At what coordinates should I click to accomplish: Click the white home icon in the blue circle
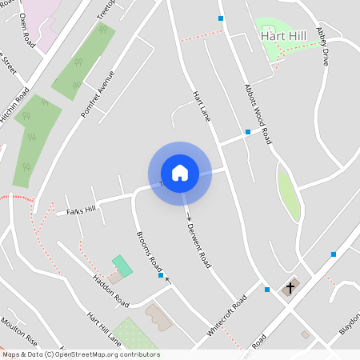click(180, 173)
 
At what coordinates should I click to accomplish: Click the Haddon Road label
click(110, 290)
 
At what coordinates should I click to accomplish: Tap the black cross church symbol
click(290, 286)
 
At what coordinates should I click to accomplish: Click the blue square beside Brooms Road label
click(161, 275)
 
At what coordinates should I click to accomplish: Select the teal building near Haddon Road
click(122, 266)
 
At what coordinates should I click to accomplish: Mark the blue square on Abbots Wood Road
click(248, 131)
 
